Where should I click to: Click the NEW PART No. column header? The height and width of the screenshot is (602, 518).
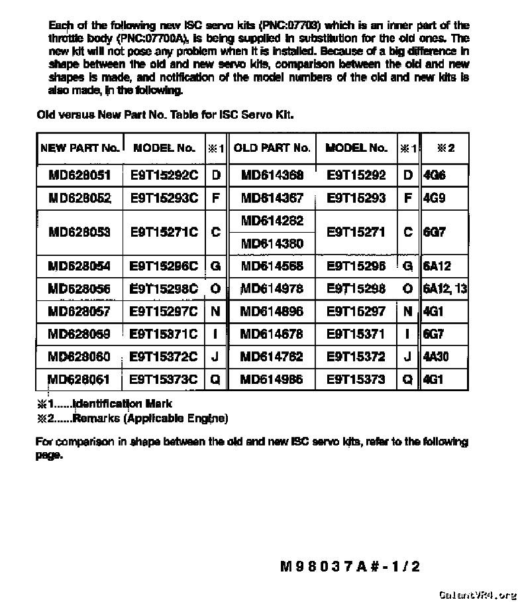(79, 148)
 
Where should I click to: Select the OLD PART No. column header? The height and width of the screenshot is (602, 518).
(272, 148)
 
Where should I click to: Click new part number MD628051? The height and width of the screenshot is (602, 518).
(79, 176)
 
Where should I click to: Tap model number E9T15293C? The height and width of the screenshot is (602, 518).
(164, 198)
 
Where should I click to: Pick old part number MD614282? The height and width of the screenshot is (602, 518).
(272, 221)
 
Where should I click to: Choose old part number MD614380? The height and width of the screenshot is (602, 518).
(272, 243)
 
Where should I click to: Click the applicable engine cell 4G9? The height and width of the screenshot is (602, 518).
(435, 198)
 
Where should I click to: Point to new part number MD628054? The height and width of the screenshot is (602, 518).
(79, 267)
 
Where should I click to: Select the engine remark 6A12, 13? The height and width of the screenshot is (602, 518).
(444, 288)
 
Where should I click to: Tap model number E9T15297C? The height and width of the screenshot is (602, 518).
(164, 311)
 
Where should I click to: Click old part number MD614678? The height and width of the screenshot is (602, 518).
(272, 334)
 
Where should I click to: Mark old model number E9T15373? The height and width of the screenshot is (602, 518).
(356, 380)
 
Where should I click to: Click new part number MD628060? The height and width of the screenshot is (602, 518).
(79, 357)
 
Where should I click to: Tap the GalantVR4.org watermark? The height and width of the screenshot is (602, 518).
(477, 594)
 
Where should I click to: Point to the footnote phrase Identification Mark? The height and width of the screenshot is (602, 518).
(123, 404)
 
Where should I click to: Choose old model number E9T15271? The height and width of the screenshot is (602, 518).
(356, 232)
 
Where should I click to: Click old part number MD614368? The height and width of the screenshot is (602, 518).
(272, 176)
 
